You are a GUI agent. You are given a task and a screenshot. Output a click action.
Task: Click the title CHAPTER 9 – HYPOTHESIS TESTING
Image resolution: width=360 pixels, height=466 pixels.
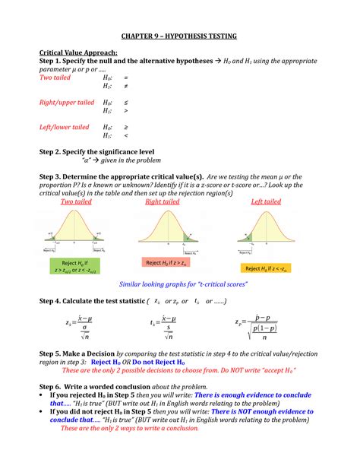point(180,36)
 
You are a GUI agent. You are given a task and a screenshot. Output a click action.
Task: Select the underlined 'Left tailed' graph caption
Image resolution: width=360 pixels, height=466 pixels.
point(266,202)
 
